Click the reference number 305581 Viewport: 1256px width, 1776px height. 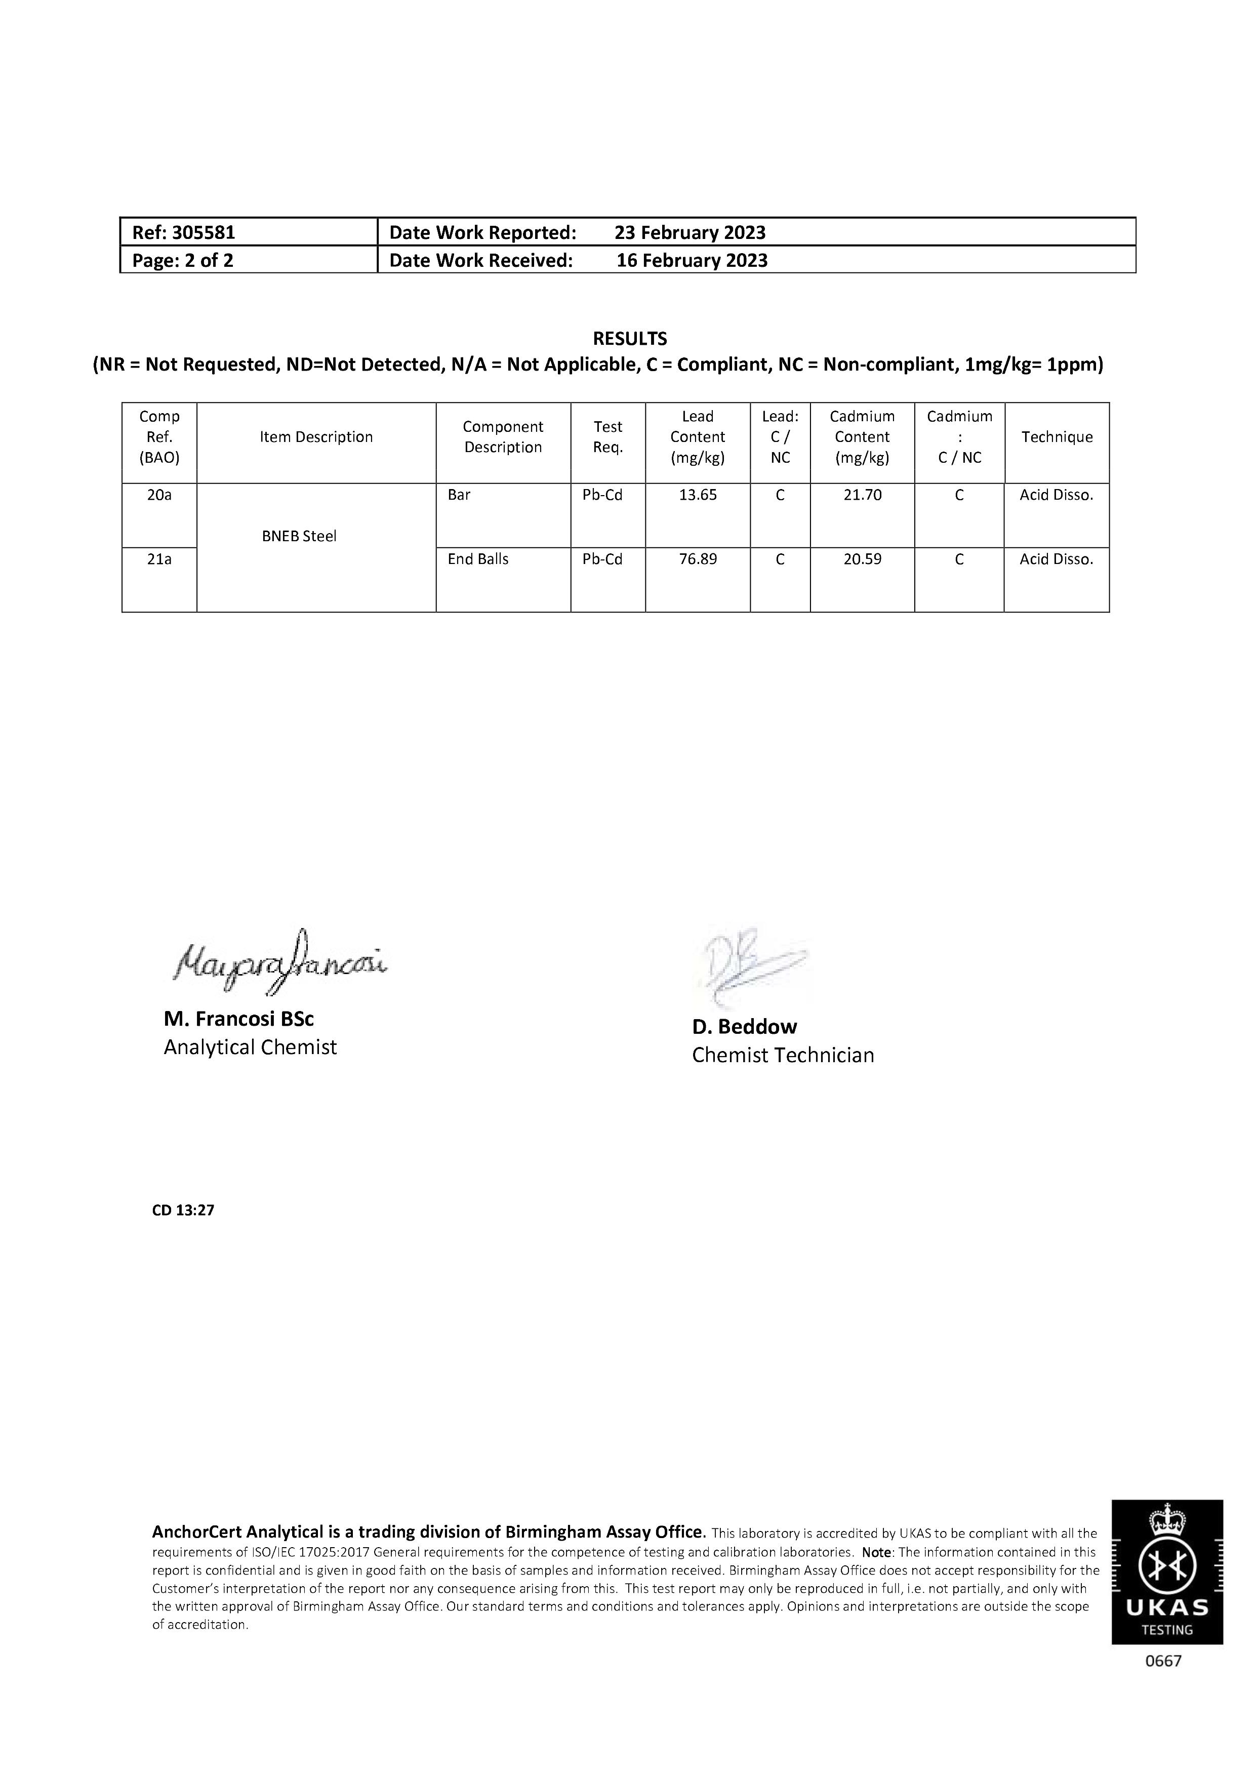point(204,232)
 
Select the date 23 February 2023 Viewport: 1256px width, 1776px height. point(690,232)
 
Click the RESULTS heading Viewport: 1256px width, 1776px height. point(630,338)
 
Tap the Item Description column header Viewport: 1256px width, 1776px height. point(316,437)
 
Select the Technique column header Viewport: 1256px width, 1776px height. point(1057,437)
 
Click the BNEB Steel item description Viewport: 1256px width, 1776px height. point(299,536)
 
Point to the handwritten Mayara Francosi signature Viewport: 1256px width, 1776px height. point(280,962)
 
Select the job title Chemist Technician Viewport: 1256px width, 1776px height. point(783,1055)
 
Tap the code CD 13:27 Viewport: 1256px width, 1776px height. point(183,1210)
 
